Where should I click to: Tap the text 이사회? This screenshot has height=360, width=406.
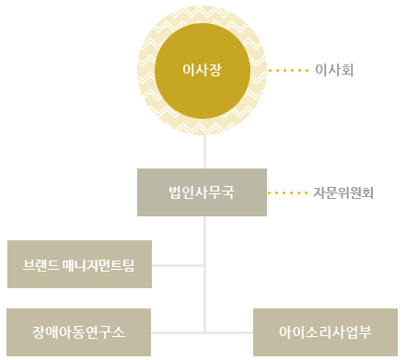tap(334, 69)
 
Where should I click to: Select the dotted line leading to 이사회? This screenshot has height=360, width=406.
tap(287, 69)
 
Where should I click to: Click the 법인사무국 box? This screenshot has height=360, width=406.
tap(203, 192)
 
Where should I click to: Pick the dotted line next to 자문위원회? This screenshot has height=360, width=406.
tap(287, 193)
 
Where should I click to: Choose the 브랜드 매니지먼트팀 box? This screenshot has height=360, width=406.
tap(78, 264)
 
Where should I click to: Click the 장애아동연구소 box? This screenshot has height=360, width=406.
tap(78, 331)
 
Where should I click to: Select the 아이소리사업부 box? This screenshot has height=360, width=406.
tap(326, 331)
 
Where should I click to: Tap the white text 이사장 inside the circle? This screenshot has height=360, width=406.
tap(203, 69)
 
